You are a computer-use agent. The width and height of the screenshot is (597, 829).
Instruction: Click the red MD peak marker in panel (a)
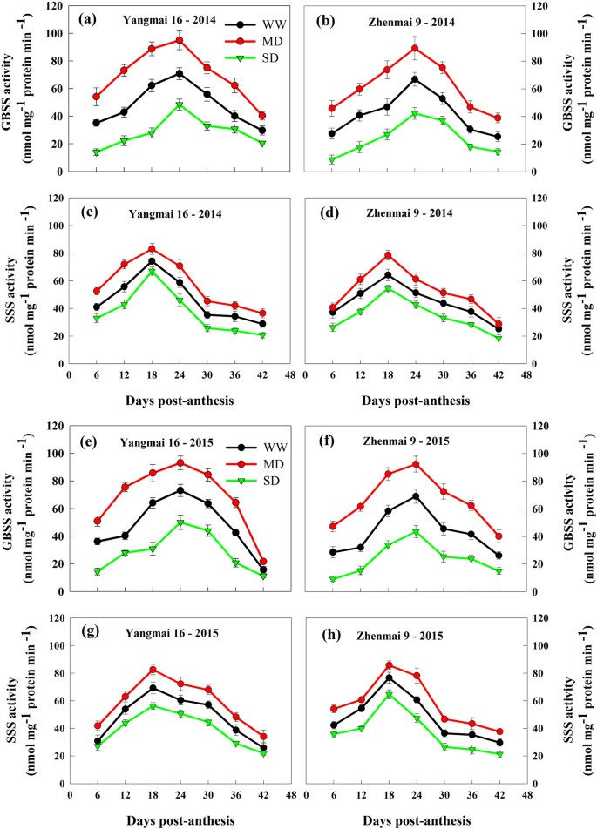[180, 40]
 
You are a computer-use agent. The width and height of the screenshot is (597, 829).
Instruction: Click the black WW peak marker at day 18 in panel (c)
[152, 261]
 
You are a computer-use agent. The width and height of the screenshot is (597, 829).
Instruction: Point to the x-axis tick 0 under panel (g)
[69, 795]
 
